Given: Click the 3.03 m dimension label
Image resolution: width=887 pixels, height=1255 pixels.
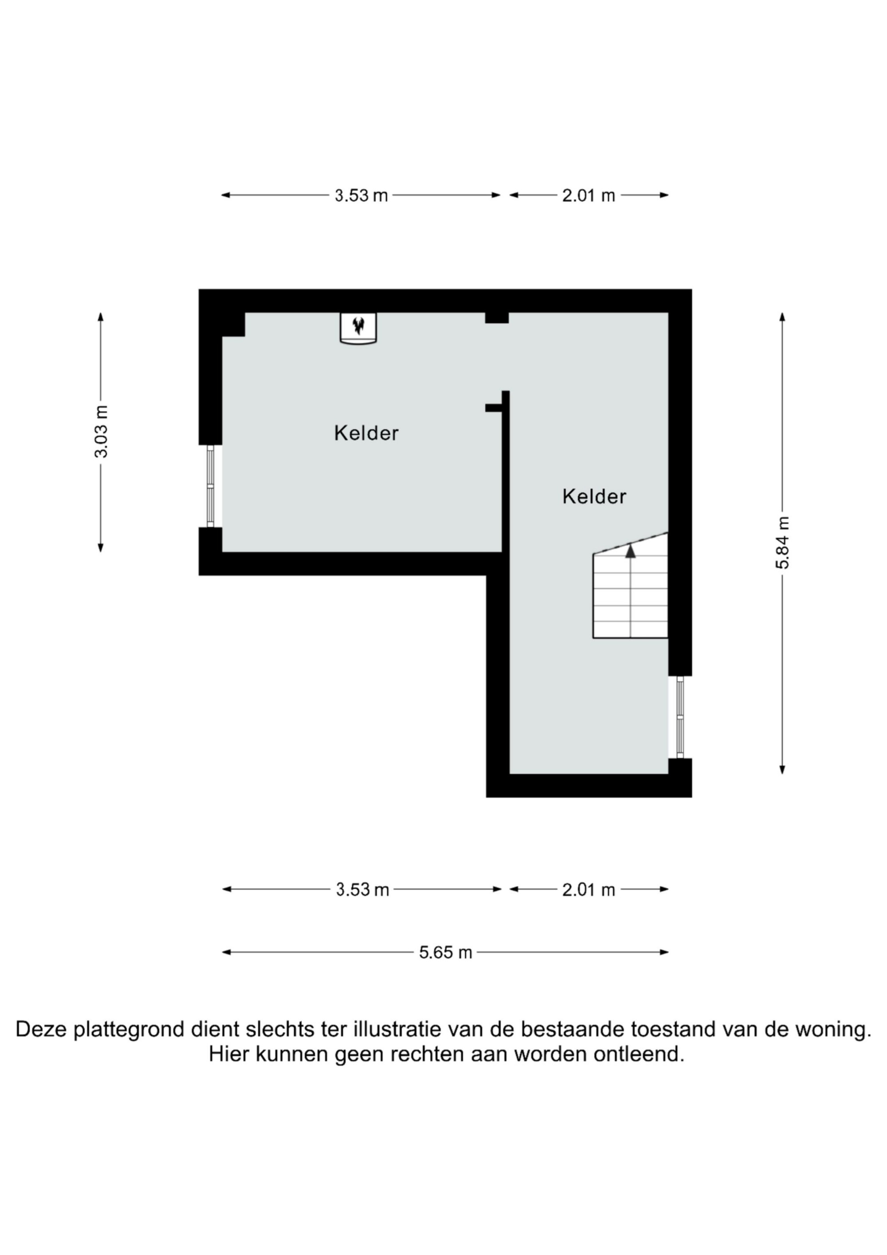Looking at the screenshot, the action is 101,431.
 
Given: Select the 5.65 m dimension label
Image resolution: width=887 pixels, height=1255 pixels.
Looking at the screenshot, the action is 445,952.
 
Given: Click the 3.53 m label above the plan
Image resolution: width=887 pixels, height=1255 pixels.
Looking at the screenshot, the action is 361,195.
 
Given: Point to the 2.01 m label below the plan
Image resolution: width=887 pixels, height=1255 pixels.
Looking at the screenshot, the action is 589,889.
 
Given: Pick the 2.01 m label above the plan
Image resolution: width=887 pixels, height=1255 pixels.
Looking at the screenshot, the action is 589,195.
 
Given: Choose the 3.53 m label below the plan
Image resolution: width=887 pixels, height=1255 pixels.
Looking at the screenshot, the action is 362,889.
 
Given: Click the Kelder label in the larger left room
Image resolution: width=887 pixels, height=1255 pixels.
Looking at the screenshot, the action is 366,433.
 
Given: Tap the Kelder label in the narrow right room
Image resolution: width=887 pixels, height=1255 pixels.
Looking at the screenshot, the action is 594,496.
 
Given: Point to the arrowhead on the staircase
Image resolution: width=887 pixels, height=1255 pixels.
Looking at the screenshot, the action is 631,551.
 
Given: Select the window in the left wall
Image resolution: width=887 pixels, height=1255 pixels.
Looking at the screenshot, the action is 210,486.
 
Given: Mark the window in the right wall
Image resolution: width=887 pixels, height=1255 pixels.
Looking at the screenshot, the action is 680,717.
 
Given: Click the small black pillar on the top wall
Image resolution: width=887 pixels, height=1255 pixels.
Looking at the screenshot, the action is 497,318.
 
